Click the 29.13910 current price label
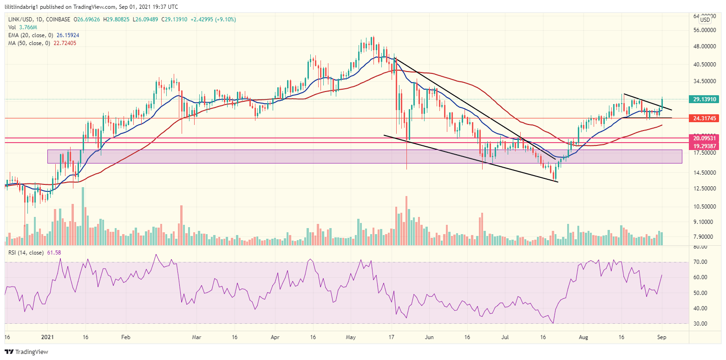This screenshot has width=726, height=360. tap(705, 99)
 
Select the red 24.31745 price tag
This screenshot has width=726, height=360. tap(705, 118)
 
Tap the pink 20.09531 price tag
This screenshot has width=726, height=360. tap(705, 138)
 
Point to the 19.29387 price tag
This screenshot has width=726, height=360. tap(705, 145)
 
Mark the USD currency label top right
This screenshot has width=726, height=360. tap(705, 20)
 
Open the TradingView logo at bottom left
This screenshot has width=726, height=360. tap(26, 352)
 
